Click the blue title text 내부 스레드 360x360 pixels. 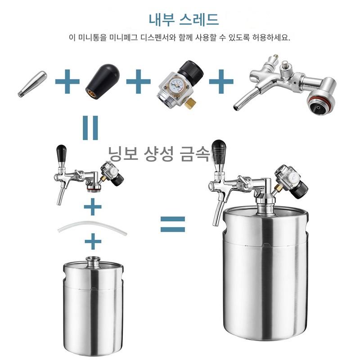click(184, 20)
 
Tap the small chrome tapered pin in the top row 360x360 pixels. click(32, 84)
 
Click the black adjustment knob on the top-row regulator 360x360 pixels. click(190, 70)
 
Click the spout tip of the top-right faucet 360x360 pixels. click(236, 108)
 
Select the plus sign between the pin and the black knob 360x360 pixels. click(67, 81)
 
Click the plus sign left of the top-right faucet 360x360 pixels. click(221, 81)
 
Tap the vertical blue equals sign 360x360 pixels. click(90, 128)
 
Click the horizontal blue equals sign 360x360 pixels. click(173, 224)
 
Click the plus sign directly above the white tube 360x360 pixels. click(93, 207)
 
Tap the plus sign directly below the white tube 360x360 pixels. click(93, 241)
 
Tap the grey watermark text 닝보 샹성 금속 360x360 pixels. click(159, 153)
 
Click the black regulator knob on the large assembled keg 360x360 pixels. click(300, 190)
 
